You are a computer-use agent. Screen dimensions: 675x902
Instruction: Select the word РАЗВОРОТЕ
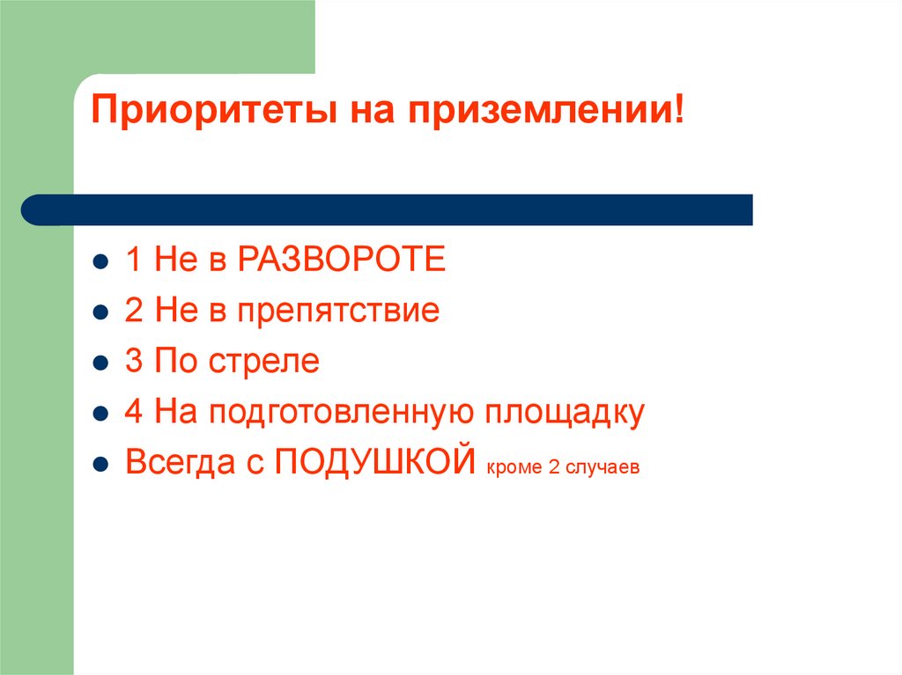click(342, 260)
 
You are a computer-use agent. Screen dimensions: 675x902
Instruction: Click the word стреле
click(263, 362)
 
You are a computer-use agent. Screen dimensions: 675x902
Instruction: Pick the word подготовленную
click(341, 413)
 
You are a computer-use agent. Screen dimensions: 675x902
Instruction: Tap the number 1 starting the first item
click(134, 260)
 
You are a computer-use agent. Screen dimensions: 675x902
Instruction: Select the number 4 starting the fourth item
click(134, 412)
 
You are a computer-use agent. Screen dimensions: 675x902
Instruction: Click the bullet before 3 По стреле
click(101, 363)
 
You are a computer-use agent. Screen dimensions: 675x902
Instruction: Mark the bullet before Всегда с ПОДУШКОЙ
click(101, 465)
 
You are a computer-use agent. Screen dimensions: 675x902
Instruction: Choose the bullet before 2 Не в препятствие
click(101, 313)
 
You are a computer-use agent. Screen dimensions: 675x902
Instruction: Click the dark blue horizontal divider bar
click(388, 209)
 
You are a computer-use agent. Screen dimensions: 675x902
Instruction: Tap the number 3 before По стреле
click(134, 362)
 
